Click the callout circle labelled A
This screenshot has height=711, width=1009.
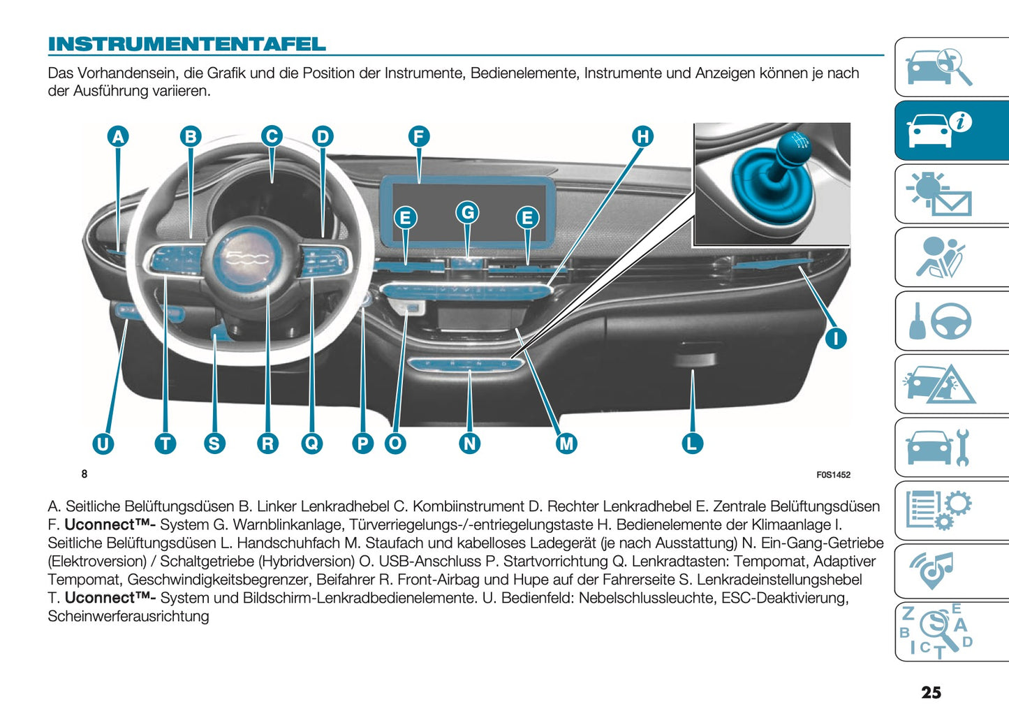click(118, 136)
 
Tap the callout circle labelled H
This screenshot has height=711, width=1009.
click(642, 136)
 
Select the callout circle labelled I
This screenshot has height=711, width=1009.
click(836, 339)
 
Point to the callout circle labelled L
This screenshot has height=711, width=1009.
click(692, 443)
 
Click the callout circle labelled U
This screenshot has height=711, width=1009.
click(103, 444)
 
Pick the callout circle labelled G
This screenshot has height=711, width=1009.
click(468, 212)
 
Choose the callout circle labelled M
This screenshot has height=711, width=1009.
click(566, 443)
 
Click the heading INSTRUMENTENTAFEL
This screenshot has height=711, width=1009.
click(186, 44)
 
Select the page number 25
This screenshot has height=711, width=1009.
click(931, 692)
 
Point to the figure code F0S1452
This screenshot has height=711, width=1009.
click(833, 475)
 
